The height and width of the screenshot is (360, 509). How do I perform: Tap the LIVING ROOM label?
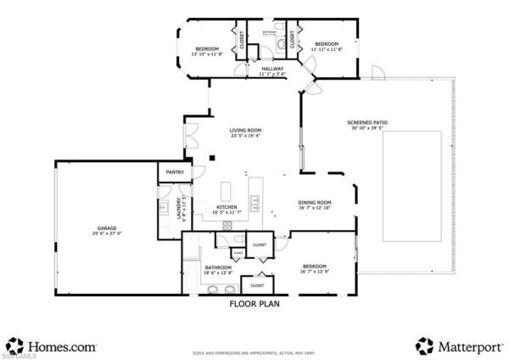tap(245, 130)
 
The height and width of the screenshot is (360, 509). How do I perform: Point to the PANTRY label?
tap(175, 172)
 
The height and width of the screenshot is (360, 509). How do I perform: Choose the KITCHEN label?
tap(226, 207)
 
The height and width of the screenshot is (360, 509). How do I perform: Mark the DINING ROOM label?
tap(314, 202)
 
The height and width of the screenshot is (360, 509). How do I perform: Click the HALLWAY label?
tap(272, 69)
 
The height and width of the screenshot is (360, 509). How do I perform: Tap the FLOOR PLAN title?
tap(255, 301)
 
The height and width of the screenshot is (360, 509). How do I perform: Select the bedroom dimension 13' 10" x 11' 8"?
tap(208, 54)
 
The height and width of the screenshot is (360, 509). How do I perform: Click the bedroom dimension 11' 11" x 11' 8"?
tap(327, 49)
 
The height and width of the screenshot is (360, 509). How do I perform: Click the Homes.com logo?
tap(52, 346)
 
